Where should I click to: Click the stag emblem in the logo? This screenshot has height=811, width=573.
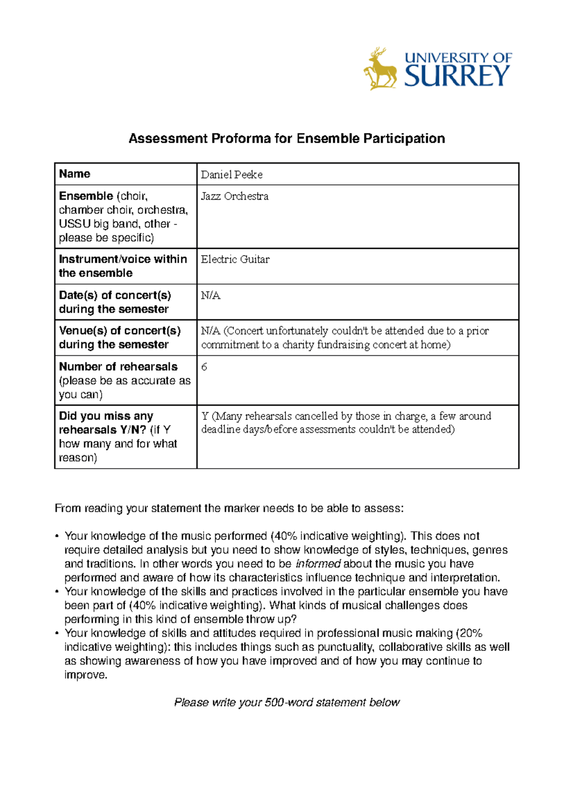(x=381, y=70)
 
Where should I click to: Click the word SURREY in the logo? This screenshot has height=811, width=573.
(x=457, y=76)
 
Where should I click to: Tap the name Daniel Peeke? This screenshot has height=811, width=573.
(x=232, y=175)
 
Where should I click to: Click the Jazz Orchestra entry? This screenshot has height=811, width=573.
(x=234, y=196)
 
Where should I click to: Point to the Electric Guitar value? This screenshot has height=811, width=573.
(x=235, y=259)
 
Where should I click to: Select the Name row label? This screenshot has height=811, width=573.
(x=74, y=174)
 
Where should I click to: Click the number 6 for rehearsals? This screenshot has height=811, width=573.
(x=204, y=367)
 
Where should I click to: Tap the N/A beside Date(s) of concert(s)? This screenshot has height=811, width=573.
(x=210, y=296)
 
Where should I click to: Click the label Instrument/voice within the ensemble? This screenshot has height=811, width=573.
(x=122, y=266)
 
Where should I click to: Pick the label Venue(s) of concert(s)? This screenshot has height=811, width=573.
(x=119, y=331)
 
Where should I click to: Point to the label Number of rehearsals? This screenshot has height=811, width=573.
(x=118, y=367)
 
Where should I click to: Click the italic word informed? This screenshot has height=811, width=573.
(x=318, y=564)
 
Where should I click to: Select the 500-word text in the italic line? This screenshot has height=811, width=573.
(x=288, y=703)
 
